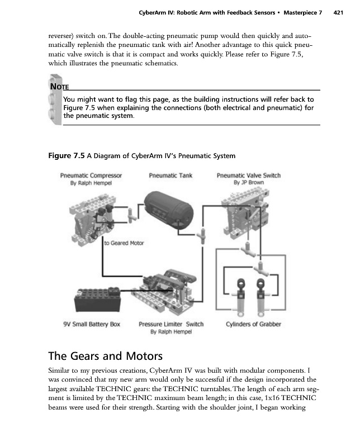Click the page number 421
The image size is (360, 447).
337,12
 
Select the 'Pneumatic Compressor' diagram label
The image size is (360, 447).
91,175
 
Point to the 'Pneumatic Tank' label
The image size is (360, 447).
170,175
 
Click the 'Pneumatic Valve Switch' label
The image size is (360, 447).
248,175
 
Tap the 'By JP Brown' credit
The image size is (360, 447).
248,183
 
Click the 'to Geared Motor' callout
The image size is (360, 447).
124,243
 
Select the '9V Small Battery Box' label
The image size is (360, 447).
92,324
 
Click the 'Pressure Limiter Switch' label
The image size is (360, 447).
171,324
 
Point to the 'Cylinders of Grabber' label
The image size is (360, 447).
253,324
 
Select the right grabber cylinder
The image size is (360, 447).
260,296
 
